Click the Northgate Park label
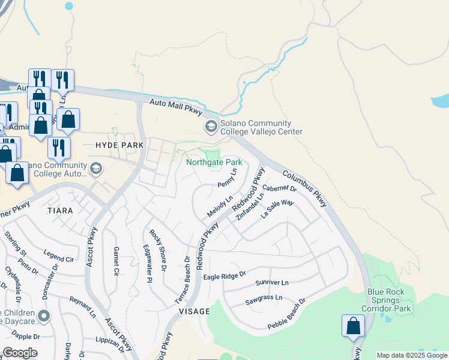click(x=214, y=162)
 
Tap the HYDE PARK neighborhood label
click(x=119, y=145)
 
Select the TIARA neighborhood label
click(x=59, y=211)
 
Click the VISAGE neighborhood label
click(x=194, y=311)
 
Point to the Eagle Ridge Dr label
click(x=225, y=275)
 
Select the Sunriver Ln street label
click(x=272, y=282)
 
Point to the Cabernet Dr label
click(x=280, y=192)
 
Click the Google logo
click(x=20, y=353)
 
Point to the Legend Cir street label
click(x=59, y=256)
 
